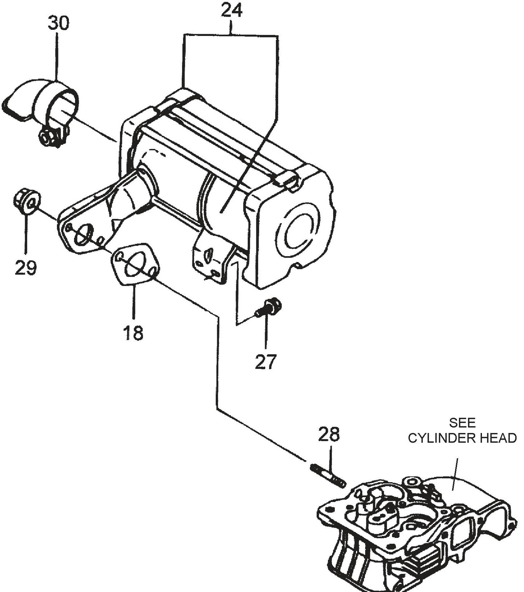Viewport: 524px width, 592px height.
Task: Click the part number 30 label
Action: [x=58, y=24]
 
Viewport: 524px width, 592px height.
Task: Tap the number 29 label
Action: [x=26, y=268]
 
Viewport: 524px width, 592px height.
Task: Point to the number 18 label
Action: [x=133, y=332]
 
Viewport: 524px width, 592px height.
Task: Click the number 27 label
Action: [x=266, y=362]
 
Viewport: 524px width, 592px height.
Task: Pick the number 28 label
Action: [x=329, y=434]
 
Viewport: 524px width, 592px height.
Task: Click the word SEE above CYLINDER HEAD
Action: [x=462, y=423]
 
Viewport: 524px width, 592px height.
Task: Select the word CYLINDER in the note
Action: [x=441, y=438]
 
